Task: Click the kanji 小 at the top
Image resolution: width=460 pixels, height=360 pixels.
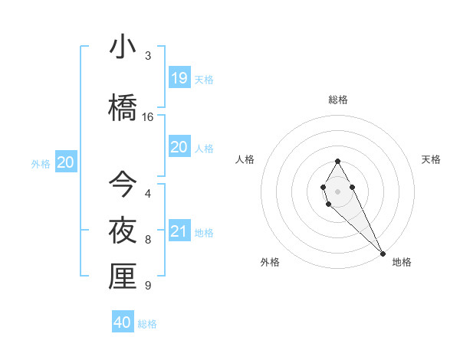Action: [123, 47]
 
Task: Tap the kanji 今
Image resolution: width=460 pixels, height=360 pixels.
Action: [123, 184]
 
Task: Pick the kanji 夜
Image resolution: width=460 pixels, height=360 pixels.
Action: [123, 230]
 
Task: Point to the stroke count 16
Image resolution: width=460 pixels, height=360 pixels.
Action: [148, 117]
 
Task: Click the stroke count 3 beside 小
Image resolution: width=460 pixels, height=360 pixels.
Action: [148, 55]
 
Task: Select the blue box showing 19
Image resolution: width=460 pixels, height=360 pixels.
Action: [179, 77]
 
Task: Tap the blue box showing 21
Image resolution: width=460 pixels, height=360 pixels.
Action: [179, 231]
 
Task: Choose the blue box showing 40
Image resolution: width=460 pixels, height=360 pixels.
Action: [123, 322]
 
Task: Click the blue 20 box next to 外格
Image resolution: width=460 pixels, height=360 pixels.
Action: [66, 162]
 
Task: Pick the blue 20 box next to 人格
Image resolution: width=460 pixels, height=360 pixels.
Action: [179, 147]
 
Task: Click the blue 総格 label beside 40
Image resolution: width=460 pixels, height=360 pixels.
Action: [147, 324]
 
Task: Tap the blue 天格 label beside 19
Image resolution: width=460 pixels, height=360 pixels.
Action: [204, 79]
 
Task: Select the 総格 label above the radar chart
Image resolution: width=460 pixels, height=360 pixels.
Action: [338, 100]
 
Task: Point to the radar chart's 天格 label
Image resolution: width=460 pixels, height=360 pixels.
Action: [431, 159]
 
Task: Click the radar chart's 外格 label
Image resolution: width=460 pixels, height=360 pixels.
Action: [270, 262]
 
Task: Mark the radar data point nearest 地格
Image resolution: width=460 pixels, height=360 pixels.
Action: [383, 253]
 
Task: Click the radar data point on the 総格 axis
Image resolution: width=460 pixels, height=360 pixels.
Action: [337, 161]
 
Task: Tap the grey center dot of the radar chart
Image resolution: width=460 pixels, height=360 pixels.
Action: [337, 191]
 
